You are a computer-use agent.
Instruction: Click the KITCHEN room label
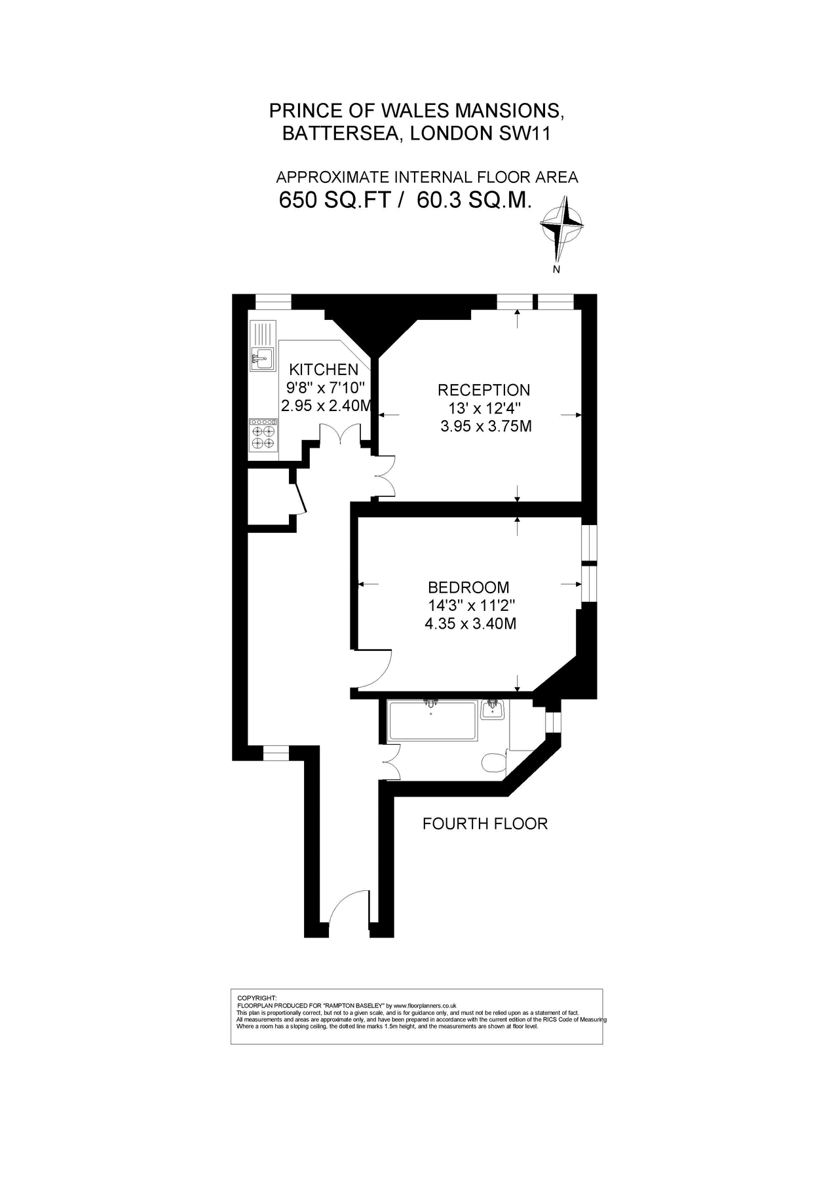pyautogui.click(x=324, y=370)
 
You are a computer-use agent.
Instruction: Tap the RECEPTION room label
pyautogui.click(x=483, y=390)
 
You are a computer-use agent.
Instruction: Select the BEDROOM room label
pyautogui.click(x=468, y=587)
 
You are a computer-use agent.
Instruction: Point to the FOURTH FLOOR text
pyautogui.click(x=485, y=824)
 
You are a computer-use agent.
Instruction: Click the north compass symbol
pyautogui.click(x=561, y=226)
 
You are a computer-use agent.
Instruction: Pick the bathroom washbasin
pyautogui.click(x=492, y=710)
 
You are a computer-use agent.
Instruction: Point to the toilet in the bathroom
pyautogui.click(x=493, y=762)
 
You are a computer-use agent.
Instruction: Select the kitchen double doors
pyautogui.click(x=340, y=436)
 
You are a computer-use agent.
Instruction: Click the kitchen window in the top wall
pyautogui.click(x=273, y=302)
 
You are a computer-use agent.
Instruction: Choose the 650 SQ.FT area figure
pyautogui.click(x=335, y=200)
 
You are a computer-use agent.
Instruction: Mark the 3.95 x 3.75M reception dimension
pyautogui.click(x=485, y=427)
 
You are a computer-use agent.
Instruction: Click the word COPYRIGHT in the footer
pyautogui.click(x=257, y=998)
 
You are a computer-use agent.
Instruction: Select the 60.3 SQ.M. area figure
pyautogui.click(x=474, y=200)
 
